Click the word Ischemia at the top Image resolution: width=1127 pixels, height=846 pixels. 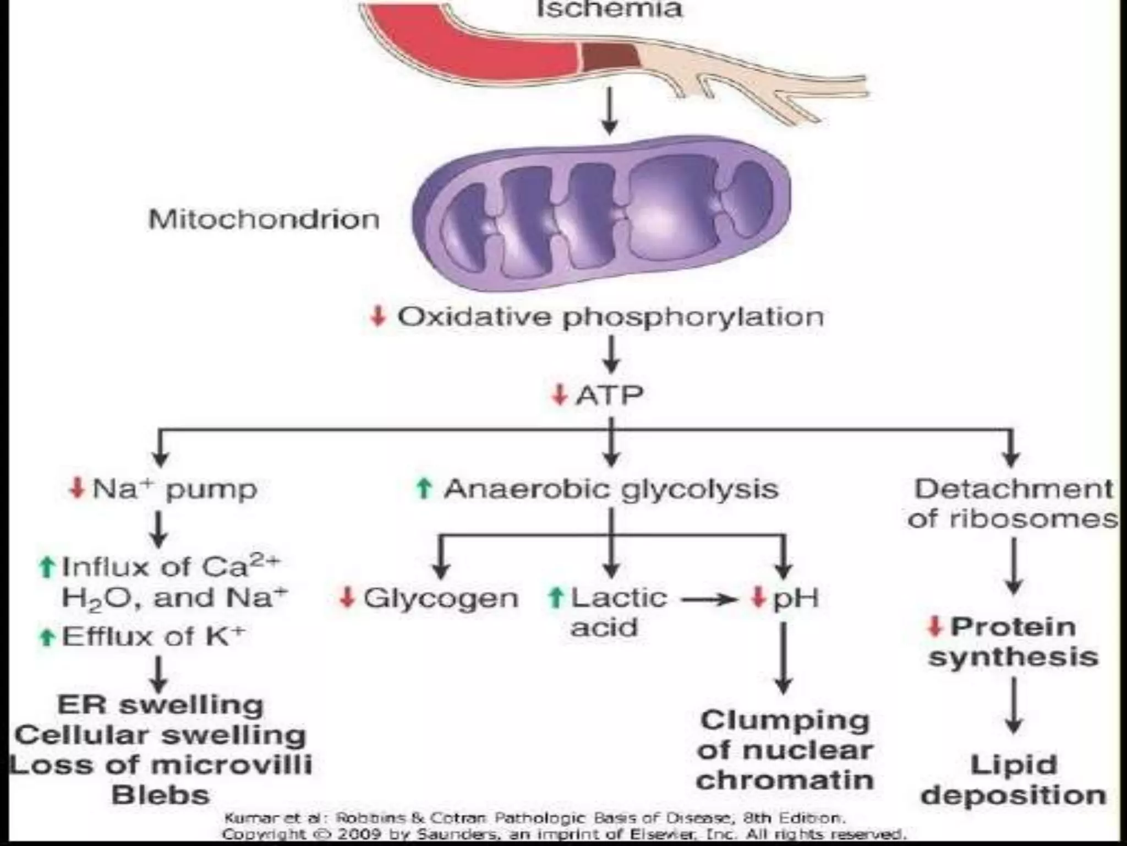pos(609,9)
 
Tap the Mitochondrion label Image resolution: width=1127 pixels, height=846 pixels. pos(264,219)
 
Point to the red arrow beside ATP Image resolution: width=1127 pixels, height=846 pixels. pos(559,394)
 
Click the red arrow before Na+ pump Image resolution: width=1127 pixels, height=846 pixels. pos(77,487)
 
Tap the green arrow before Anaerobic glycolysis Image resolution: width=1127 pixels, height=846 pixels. pos(423,487)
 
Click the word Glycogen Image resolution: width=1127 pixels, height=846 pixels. pos(441,598)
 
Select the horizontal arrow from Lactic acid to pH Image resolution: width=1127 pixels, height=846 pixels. pos(710,599)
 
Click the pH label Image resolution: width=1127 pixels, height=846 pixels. pos(796,598)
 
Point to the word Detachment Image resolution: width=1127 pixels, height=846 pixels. pos(1013,489)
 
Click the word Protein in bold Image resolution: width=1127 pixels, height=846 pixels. pos(1013,627)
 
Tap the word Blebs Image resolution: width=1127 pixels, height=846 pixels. pos(161,795)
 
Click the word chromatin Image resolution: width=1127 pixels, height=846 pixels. pos(785,780)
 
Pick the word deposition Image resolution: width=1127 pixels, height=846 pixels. pos(1013,795)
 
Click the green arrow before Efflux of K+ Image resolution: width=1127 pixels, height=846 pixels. pos(47,637)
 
